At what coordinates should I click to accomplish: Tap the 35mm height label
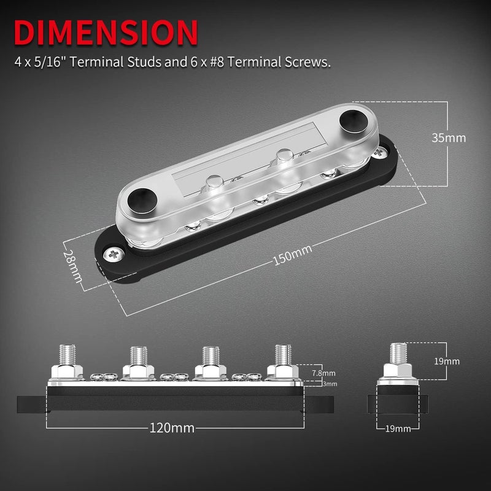click(x=449, y=137)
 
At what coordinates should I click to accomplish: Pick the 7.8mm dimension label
click(x=323, y=373)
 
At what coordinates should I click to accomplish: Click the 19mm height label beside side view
click(x=446, y=361)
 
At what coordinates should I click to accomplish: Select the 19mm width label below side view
click(x=397, y=428)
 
